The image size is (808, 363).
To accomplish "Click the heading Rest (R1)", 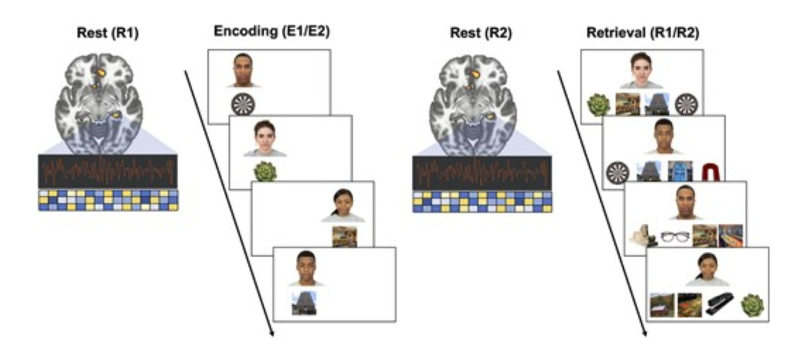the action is (x=108, y=33).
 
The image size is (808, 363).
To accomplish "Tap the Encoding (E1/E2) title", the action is (x=272, y=31).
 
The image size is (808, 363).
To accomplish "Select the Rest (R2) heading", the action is (x=481, y=33).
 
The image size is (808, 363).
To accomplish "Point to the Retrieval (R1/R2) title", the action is (x=643, y=33).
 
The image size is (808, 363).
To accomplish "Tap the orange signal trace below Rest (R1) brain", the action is (x=108, y=171).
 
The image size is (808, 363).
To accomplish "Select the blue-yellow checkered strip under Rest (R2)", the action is (x=482, y=202).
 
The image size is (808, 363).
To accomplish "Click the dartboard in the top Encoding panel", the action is (x=243, y=105).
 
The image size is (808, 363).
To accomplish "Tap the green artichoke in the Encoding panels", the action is (x=266, y=172).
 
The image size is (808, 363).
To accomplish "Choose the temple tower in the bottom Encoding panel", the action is (x=304, y=303).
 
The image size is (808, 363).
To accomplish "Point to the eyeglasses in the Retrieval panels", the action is (x=675, y=237).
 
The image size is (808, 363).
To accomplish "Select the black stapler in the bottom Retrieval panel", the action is (x=720, y=305).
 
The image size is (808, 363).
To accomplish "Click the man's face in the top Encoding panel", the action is (x=242, y=70).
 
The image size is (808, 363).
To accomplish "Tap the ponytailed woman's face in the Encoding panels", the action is (x=343, y=205).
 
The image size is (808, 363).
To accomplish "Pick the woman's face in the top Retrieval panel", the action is (x=641, y=70).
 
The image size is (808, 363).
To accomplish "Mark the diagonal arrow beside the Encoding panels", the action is (x=229, y=203).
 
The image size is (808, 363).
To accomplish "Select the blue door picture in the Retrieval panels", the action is (x=680, y=171).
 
